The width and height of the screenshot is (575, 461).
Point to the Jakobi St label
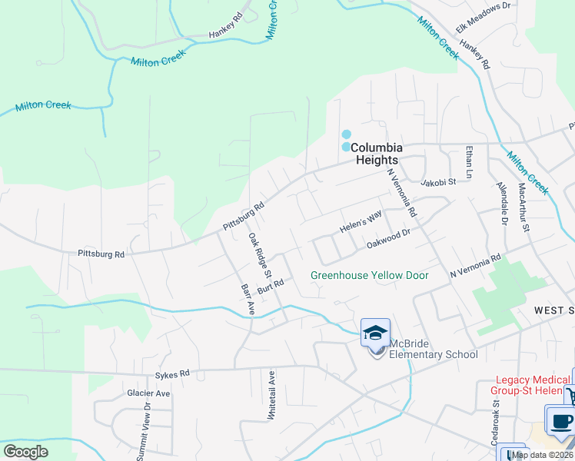click(439, 182)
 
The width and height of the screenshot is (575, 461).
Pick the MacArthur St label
click(524, 207)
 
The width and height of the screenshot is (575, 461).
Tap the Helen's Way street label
click(361, 224)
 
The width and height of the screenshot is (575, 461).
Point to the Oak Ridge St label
click(260, 255)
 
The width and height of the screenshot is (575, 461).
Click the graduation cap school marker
click(375, 333)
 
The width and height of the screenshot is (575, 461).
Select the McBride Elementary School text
click(434, 348)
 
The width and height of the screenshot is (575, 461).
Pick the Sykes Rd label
click(172, 375)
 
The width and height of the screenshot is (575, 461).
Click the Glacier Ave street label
click(148, 393)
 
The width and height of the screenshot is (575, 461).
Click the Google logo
click(25, 452)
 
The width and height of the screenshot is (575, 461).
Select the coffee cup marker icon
click(560, 420)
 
